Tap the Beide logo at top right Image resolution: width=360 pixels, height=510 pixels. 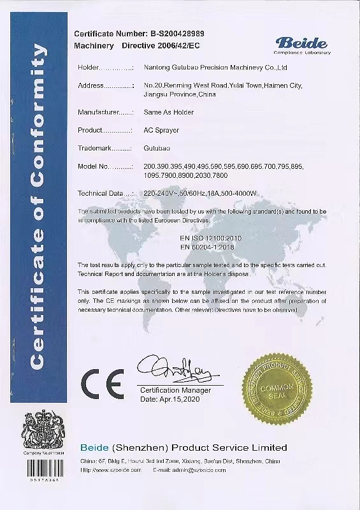click(302, 45)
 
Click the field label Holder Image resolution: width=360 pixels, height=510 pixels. click(89, 67)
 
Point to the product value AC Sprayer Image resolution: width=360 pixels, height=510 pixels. click(162, 130)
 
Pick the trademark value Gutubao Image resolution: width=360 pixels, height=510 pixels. click(158, 148)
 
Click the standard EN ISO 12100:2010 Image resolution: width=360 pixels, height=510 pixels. click(212, 237)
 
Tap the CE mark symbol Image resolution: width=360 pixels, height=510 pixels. click(102, 383)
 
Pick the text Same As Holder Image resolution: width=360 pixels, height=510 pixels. click(169, 112)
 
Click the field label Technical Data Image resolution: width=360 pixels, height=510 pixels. click(99, 193)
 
